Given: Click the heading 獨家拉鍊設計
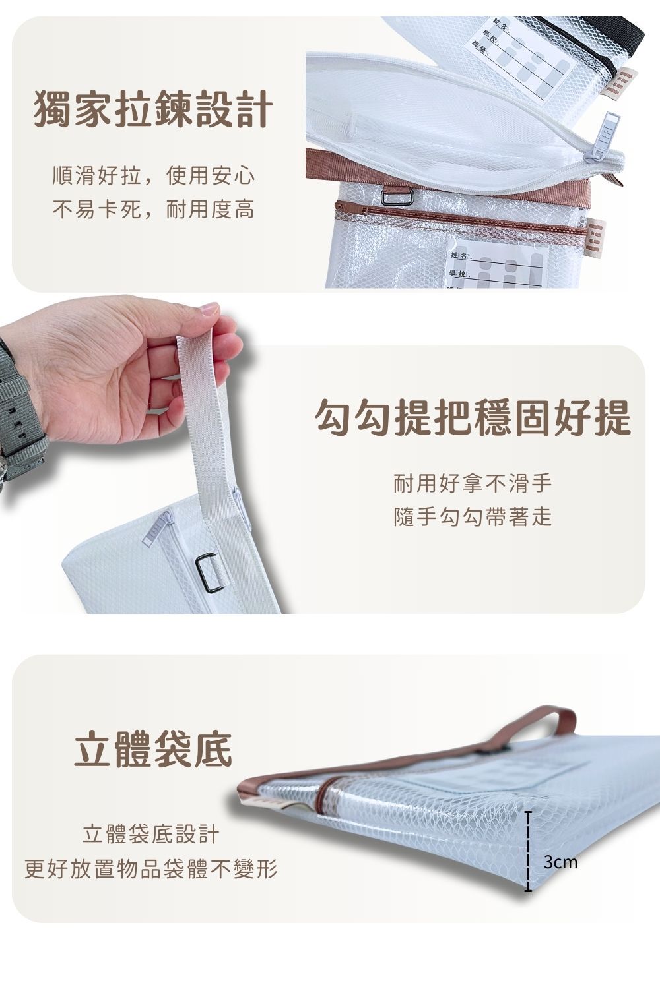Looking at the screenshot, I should click(x=152, y=109).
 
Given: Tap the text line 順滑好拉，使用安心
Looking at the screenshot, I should click(x=153, y=176).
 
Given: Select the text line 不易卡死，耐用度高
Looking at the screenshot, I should click(x=153, y=210).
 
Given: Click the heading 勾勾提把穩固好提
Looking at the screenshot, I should click(x=473, y=417).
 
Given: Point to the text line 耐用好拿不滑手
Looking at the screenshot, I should click(x=472, y=485).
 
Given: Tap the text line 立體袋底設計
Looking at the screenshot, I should click(x=150, y=835).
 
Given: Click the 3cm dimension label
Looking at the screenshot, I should click(x=560, y=862).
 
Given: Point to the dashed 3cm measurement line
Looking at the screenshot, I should click(x=528, y=852).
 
